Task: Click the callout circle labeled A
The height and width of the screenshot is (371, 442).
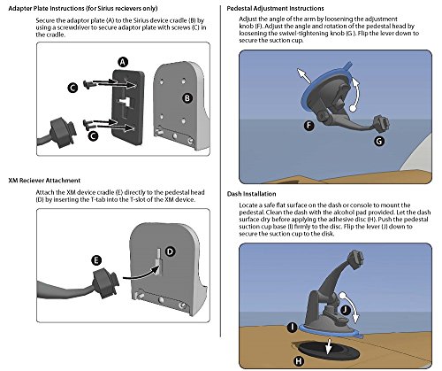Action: [123, 62]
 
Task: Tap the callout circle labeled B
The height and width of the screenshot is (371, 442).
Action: [187, 98]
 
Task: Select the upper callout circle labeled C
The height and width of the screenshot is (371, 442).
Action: [72, 88]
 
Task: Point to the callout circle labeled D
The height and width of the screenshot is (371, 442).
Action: [170, 251]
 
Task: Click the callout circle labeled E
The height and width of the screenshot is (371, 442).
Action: [96, 260]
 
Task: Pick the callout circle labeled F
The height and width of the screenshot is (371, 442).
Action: [309, 126]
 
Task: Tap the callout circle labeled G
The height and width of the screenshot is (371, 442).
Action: [379, 141]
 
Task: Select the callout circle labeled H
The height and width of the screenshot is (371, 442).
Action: [299, 361]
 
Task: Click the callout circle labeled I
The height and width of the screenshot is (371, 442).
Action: [292, 327]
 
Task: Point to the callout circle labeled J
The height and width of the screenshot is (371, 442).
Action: [345, 310]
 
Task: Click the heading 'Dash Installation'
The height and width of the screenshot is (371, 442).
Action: [251, 194]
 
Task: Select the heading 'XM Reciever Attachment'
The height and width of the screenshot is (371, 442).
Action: [44, 181]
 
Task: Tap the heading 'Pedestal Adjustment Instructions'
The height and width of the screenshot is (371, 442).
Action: [275, 9]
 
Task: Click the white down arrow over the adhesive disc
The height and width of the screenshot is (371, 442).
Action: [329, 346]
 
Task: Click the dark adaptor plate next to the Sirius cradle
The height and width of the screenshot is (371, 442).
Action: [128, 107]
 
